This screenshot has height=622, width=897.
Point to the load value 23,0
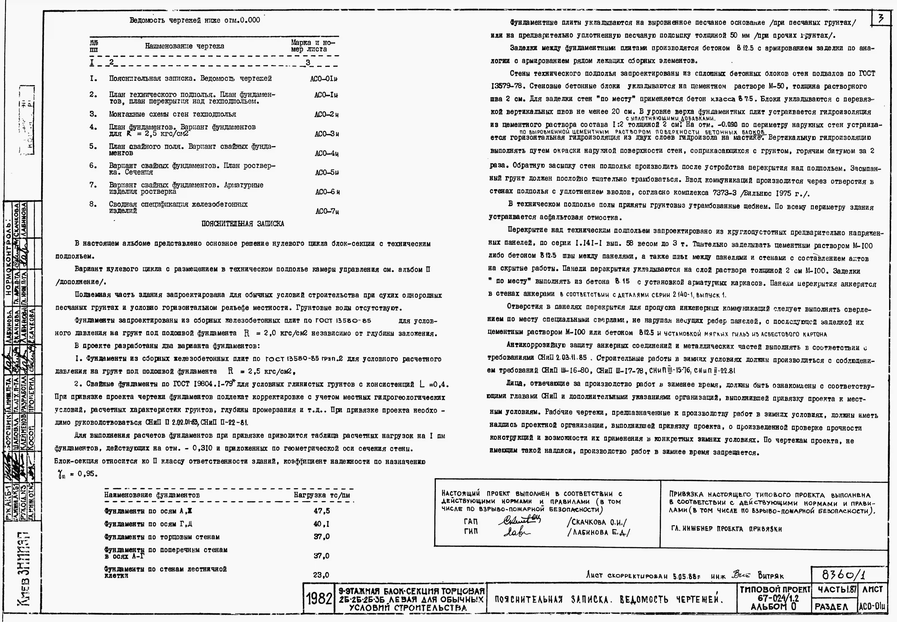[x=321, y=575]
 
